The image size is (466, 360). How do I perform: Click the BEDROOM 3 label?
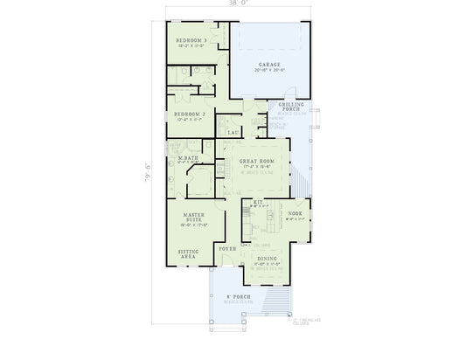[x=191, y=41]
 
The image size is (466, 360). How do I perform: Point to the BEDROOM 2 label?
[x=189, y=114]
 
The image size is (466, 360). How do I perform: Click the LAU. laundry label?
[x=233, y=132]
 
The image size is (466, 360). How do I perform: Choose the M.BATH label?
[x=189, y=157]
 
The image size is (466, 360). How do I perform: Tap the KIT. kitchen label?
[x=258, y=203]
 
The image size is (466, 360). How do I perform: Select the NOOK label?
[x=295, y=211]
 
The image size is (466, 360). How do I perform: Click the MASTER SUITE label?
[x=193, y=218]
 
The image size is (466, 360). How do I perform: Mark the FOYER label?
[x=226, y=249]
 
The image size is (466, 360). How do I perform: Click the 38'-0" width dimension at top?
[x=236, y=5]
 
